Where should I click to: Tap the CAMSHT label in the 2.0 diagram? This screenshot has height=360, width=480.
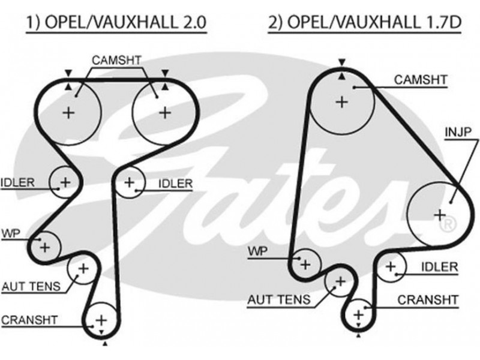tap(116, 60)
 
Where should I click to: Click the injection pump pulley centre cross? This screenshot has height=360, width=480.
tap(440, 214)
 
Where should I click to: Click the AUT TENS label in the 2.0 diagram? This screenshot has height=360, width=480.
tap(31, 286)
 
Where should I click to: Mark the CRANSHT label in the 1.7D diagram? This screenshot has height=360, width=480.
tap(428, 299)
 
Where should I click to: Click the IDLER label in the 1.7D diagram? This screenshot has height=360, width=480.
tap(439, 267)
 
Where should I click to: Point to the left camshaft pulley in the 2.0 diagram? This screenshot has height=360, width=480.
tap(69, 112)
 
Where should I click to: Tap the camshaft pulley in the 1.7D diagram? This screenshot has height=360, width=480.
tap(341, 102)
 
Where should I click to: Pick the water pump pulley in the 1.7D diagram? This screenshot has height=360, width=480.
tap(305, 263)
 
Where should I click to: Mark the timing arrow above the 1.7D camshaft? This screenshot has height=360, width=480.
tap(341, 62)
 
